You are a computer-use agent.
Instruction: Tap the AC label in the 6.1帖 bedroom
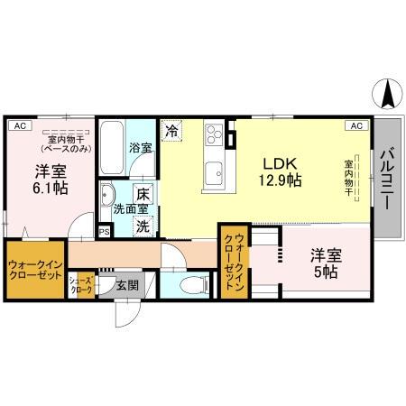(20, 126)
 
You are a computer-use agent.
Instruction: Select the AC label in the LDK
(357, 126)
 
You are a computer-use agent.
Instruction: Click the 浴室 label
(140, 147)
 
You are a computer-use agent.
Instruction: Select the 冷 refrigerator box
(172, 130)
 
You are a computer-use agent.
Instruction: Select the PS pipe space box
(105, 231)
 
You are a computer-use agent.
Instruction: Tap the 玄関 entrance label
(127, 286)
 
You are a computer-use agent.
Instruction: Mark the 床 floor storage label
(143, 193)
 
